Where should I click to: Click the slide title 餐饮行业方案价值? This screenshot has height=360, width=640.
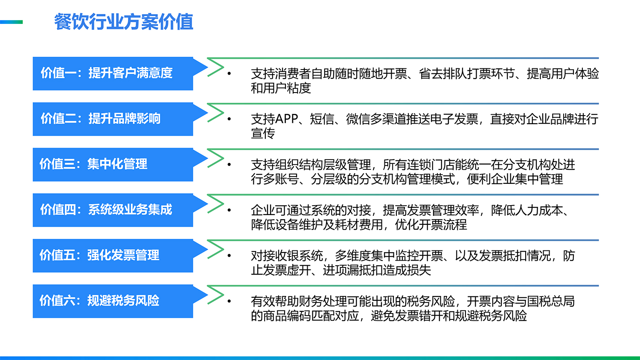[x=124, y=22]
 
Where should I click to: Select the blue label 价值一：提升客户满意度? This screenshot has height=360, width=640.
[x=106, y=73]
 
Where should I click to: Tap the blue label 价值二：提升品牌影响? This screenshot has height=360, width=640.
[x=100, y=119]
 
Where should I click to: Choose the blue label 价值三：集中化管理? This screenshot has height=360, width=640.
[x=93, y=164]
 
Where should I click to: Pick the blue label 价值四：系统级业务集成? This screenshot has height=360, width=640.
[x=106, y=209]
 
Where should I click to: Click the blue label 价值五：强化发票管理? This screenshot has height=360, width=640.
[x=99, y=255]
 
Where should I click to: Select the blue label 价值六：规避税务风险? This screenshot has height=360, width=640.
[x=99, y=301]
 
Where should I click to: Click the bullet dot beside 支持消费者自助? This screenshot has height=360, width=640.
[x=229, y=74]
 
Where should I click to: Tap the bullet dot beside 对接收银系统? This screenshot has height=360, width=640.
[x=229, y=256]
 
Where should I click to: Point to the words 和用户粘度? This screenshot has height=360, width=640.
[x=281, y=88]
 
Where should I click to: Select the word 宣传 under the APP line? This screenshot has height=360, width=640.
[x=263, y=134]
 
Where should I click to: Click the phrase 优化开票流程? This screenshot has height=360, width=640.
[x=431, y=224]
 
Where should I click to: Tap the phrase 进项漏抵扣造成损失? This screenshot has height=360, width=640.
[x=377, y=270]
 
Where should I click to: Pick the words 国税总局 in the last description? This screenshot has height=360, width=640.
[x=551, y=301]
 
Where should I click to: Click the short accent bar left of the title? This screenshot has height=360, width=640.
[x=11, y=22]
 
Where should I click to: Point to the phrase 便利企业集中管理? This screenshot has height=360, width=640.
[x=515, y=179]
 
